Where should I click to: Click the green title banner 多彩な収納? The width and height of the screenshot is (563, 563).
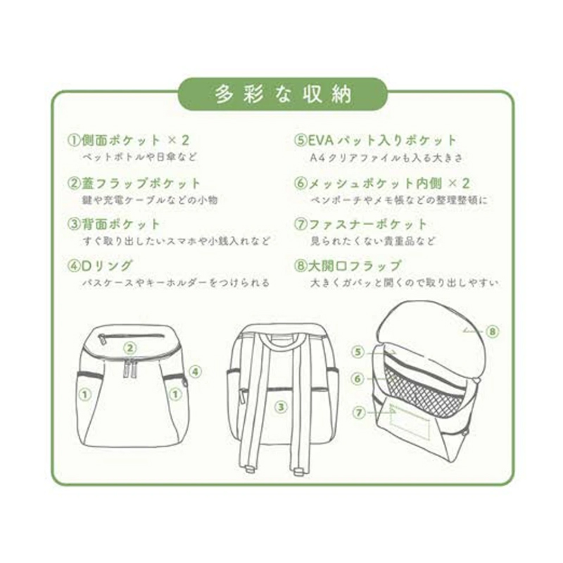[283, 94]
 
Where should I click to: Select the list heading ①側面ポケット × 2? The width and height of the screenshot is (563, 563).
[129, 140]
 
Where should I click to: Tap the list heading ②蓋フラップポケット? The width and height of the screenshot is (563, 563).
[134, 183]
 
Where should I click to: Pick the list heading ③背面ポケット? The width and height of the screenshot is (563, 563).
[113, 224]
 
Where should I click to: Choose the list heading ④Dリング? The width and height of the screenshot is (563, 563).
[100, 266]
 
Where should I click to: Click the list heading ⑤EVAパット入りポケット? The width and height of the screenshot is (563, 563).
[375, 140]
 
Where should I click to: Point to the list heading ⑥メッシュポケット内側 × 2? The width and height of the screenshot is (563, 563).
[381, 183]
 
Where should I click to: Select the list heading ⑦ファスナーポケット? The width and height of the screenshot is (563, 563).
[360, 224]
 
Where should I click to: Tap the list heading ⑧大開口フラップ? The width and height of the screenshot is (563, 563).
[347, 266]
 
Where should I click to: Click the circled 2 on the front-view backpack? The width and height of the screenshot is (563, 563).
[130, 348]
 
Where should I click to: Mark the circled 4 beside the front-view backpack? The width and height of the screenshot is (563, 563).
[195, 372]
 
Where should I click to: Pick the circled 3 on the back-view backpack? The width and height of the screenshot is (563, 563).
[281, 407]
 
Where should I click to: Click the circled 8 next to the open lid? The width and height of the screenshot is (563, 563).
[492, 331]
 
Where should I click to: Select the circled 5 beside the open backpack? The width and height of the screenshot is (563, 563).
[358, 353]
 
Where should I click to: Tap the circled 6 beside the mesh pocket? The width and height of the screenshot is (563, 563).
[358, 379]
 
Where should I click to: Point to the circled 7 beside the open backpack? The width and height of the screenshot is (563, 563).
[359, 412]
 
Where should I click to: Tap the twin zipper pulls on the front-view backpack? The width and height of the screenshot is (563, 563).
[130, 368]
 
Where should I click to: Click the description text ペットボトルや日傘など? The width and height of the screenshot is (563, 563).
[139, 157]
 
